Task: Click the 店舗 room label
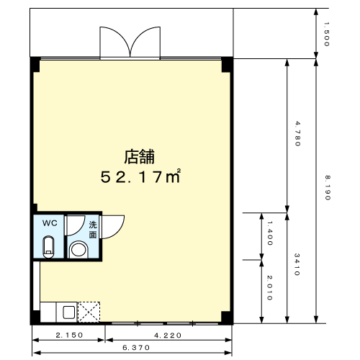point(139,157)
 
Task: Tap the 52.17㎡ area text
point(140,176)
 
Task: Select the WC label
point(50,223)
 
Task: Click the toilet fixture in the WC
point(48,247)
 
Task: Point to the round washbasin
point(78,250)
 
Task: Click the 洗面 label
point(93,230)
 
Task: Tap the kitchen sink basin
point(69,312)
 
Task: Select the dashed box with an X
point(89,312)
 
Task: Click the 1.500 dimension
point(326,34)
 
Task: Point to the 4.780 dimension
point(297,134)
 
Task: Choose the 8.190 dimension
point(328,188)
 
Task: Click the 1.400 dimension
point(270,233)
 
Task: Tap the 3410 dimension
point(297,264)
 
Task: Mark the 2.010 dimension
point(270,288)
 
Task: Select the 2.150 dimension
point(69,335)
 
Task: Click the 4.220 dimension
point(168,336)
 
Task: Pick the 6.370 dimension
point(136,348)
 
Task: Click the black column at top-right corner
point(227,65)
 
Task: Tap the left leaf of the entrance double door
point(115,42)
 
